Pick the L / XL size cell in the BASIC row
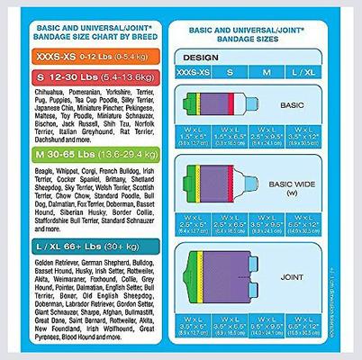click(304, 138)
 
